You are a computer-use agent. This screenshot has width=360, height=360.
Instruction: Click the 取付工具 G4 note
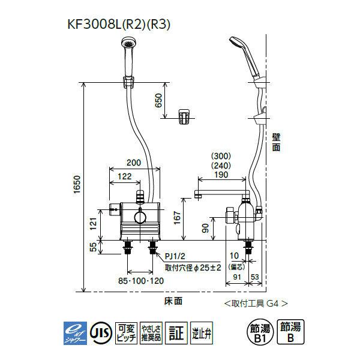[255, 303]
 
